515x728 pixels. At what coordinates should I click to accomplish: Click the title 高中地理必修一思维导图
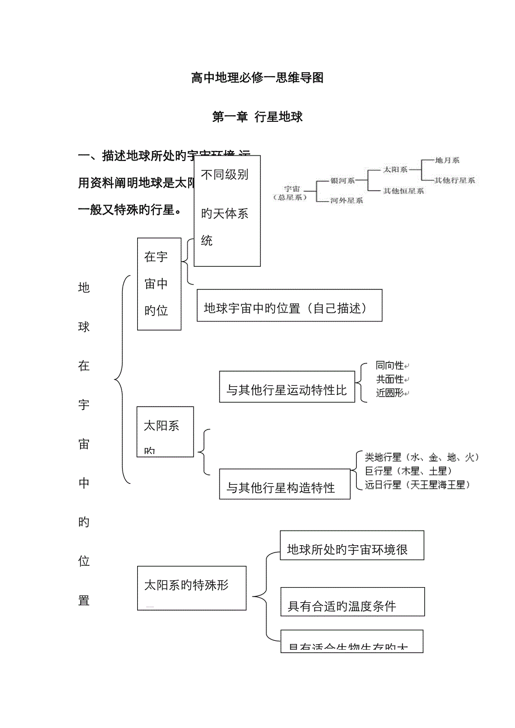click(x=257, y=78)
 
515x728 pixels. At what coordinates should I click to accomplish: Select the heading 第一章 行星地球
click(x=257, y=117)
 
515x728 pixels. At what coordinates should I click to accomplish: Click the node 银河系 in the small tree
click(x=343, y=181)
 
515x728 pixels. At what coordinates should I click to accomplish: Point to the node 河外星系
click(x=347, y=200)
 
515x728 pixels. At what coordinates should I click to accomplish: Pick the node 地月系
click(x=447, y=160)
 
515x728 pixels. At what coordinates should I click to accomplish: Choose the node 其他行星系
click(x=455, y=180)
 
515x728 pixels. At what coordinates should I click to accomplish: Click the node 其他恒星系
click(x=403, y=191)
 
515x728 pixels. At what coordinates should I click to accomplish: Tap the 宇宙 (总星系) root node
click(x=292, y=192)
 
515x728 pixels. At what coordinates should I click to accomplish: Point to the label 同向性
click(x=390, y=366)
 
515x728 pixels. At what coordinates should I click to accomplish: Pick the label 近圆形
click(x=390, y=393)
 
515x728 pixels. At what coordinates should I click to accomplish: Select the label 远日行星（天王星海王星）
click(x=417, y=485)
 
